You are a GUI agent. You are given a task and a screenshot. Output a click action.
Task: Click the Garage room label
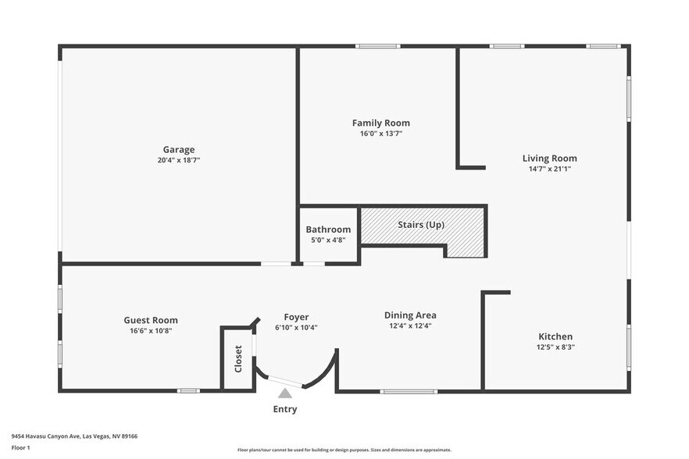[x=179, y=150]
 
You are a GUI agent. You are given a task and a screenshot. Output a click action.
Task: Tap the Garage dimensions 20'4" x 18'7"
[x=179, y=161]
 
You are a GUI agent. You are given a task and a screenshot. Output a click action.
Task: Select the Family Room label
[x=380, y=123]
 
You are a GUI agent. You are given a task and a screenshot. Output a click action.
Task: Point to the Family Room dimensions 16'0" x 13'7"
[x=380, y=133]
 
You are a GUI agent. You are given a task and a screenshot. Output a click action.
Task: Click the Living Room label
[x=549, y=158]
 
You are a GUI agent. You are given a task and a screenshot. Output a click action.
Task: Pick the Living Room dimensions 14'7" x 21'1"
[x=549, y=169]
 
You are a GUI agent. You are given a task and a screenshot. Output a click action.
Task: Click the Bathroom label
[x=328, y=229]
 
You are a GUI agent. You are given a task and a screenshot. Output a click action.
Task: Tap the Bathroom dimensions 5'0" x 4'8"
[x=328, y=240]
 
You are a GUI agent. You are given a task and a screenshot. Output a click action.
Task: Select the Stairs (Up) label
[x=421, y=225]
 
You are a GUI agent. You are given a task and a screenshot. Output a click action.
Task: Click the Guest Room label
[x=151, y=320]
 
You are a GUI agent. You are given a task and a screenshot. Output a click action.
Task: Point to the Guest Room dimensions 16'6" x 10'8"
[x=151, y=331]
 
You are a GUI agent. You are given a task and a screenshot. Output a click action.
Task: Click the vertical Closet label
[x=238, y=358]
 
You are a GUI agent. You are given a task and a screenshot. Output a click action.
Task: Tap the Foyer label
[x=296, y=317]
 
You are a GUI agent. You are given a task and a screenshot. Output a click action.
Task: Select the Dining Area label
[x=410, y=315]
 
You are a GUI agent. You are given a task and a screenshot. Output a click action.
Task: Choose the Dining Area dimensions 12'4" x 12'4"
[x=410, y=326]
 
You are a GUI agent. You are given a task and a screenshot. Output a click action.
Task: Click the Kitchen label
[x=555, y=336]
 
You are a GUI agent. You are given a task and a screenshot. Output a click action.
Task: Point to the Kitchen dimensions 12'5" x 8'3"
[x=555, y=347]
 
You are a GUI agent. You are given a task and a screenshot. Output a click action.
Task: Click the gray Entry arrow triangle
[x=285, y=393]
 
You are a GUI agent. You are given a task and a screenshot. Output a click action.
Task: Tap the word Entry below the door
[x=284, y=409]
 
